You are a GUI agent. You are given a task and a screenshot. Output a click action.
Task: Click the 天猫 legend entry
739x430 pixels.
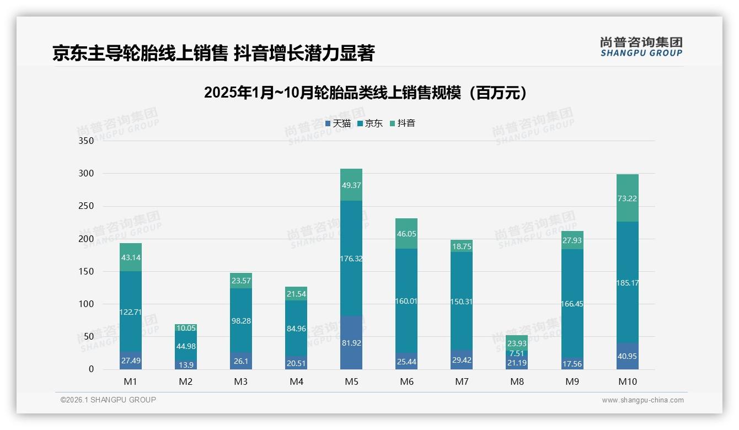click(338, 123)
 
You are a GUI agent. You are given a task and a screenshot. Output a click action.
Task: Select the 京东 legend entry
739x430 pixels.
click(370, 123)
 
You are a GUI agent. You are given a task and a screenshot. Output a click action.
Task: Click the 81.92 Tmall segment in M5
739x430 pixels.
click(351, 342)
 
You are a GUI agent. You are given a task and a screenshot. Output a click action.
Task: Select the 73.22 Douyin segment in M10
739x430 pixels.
click(627, 198)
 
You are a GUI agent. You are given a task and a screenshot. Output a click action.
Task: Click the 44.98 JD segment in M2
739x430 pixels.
click(186, 346)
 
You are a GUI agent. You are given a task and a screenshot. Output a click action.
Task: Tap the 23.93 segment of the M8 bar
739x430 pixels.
click(517, 343)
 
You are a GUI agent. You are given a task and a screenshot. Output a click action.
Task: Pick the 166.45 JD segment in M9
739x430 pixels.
click(572, 304)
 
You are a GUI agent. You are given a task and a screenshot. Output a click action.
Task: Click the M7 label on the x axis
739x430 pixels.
click(462, 381)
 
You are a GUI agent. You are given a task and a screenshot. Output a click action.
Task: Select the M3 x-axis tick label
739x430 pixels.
click(241, 381)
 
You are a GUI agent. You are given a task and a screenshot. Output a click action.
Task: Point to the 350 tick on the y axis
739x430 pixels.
click(87, 141)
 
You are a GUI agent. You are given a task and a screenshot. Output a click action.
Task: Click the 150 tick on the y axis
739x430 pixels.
click(87, 271)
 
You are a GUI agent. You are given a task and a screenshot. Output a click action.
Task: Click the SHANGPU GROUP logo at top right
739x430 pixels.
click(641, 47)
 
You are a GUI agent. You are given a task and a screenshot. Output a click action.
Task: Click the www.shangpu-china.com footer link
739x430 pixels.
click(642, 400)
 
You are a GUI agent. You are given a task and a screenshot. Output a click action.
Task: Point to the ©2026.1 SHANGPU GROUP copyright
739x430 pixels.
click(108, 400)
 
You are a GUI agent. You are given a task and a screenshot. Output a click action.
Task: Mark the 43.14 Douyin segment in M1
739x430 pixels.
click(131, 257)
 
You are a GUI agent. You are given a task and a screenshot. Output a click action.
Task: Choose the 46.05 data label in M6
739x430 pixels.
click(406, 234)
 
